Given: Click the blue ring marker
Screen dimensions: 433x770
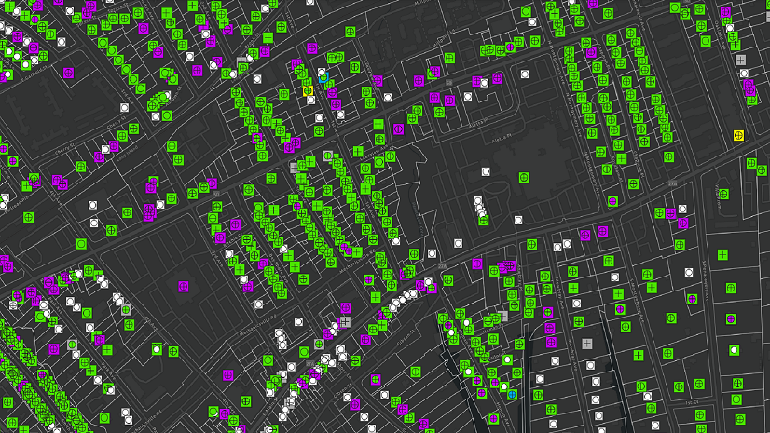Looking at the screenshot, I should pyautogui.click(x=323, y=77).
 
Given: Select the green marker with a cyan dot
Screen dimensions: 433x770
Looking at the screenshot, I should pyautogui.click(x=512, y=394).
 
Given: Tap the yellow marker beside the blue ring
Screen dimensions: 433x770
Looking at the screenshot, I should pyautogui.click(x=308, y=90).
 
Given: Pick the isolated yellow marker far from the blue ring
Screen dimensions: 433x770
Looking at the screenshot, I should pyautogui.click(x=739, y=136).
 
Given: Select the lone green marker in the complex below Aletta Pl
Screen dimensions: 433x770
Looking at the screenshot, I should pyautogui.click(x=524, y=177).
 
